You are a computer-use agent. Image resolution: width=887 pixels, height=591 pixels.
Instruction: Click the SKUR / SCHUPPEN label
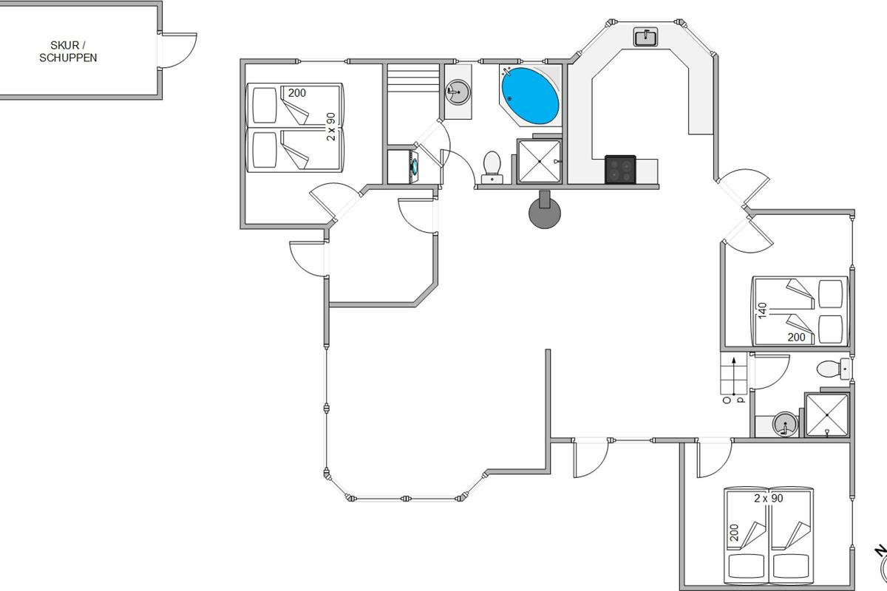68,52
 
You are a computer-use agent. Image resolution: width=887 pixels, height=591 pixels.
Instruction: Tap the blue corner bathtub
530,96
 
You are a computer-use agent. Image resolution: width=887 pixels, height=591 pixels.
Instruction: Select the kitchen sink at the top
646,37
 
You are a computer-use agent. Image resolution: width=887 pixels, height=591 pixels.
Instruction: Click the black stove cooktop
620,169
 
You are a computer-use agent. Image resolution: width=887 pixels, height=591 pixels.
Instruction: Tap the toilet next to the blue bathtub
492,168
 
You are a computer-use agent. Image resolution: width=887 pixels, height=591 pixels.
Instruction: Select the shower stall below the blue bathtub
540,162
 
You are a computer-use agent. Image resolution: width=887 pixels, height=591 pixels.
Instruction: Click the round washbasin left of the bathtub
458,92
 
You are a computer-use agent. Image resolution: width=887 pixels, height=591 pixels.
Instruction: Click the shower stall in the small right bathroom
827,415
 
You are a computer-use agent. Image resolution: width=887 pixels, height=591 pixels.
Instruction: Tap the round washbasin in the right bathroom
785,424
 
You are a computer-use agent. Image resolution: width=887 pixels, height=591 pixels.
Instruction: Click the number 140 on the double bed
762,311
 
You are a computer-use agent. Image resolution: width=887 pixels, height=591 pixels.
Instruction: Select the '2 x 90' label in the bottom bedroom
769,499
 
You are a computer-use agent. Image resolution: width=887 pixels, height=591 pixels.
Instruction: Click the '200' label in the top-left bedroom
297,93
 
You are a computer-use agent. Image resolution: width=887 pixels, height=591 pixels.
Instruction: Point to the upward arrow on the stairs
734,377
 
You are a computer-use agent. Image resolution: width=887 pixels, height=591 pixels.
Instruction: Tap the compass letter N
880,551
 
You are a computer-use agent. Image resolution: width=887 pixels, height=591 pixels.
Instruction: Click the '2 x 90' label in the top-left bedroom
331,126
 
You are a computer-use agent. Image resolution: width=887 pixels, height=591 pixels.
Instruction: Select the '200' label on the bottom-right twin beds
734,533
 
